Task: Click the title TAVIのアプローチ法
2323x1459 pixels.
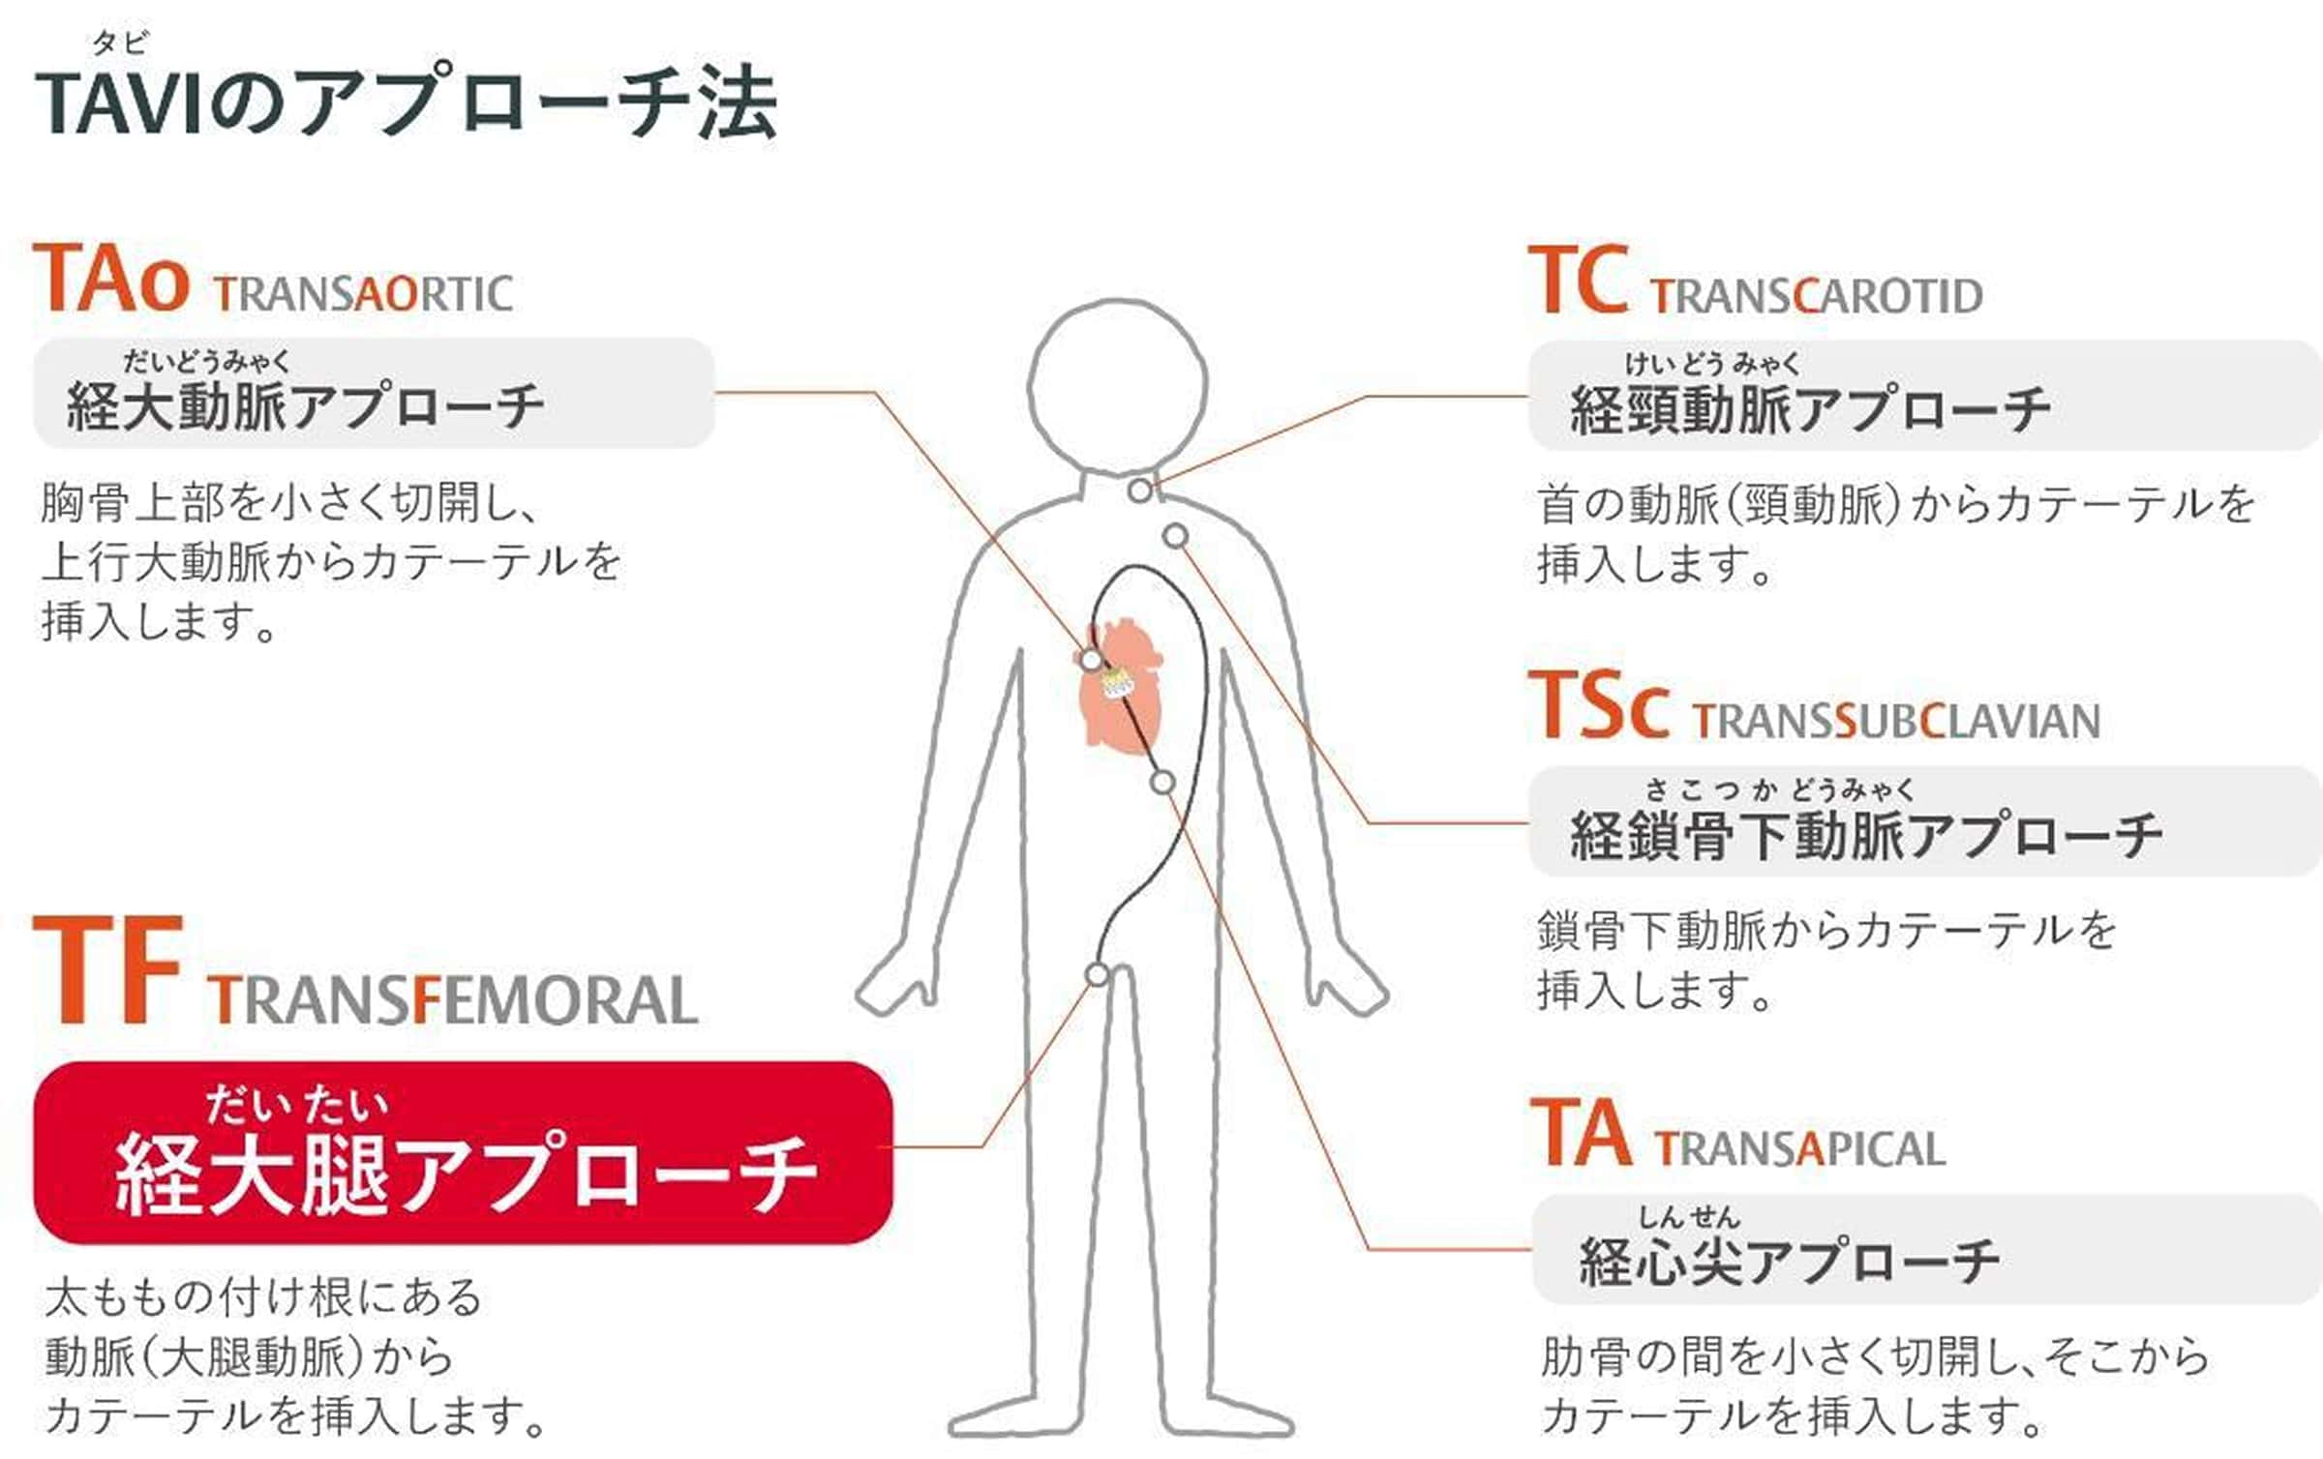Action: [407, 102]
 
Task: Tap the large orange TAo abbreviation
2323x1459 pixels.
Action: [110, 280]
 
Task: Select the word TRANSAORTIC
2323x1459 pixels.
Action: [364, 294]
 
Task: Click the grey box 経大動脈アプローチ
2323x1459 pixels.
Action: [374, 393]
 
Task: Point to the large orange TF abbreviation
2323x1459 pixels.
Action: [107, 970]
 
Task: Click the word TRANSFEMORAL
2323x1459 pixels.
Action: [452, 999]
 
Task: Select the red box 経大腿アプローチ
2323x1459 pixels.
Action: [463, 1152]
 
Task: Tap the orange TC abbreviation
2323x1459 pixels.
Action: [1578, 281]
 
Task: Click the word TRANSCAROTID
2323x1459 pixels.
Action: [1817, 296]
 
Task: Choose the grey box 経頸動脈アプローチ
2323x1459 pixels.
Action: [1924, 396]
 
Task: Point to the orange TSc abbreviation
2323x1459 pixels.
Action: [1598, 705]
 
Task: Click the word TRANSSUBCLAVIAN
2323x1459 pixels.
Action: [1896, 722]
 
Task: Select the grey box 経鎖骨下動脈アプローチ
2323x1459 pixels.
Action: [1924, 821]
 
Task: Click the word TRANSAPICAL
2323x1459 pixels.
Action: [1799, 1149]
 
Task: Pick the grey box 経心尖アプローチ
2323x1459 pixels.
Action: [1926, 1249]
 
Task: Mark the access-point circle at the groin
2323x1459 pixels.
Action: [1097, 974]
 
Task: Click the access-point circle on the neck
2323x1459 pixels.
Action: [1141, 491]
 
